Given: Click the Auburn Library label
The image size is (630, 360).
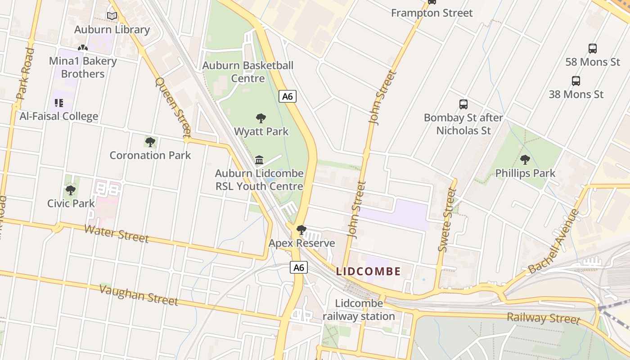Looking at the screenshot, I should [x=112, y=30].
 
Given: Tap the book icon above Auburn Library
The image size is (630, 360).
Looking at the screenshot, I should [x=112, y=16].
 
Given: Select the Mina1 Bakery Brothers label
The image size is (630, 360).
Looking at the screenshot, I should [x=83, y=67].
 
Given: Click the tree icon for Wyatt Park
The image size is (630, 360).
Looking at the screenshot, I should [x=261, y=118].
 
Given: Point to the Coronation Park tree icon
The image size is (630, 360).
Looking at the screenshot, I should [x=150, y=142].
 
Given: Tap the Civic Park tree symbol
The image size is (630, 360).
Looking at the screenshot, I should [x=71, y=190].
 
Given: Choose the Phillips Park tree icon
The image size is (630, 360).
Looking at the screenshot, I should [x=525, y=160].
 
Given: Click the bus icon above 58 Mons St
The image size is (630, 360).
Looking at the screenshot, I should [x=593, y=49].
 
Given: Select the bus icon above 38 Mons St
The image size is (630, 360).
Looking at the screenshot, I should [x=576, y=81].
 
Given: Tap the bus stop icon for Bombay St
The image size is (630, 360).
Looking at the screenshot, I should [x=463, y=104].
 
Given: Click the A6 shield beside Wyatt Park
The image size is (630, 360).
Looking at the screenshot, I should [x=288, y=96].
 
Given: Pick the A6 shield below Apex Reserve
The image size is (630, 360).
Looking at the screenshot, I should [x=299, y=268].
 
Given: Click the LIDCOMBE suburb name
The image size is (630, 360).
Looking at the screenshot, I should [x=369, y=271].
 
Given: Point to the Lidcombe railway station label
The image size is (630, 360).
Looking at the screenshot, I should [x=359, y=310].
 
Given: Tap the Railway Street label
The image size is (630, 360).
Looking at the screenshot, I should [x=544, y=318].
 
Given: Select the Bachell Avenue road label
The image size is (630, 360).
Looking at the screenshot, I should [x=554, y=242].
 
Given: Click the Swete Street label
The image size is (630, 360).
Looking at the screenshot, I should [x=447, y=220].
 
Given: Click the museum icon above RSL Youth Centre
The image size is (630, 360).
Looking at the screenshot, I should [x=259, y=160].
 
